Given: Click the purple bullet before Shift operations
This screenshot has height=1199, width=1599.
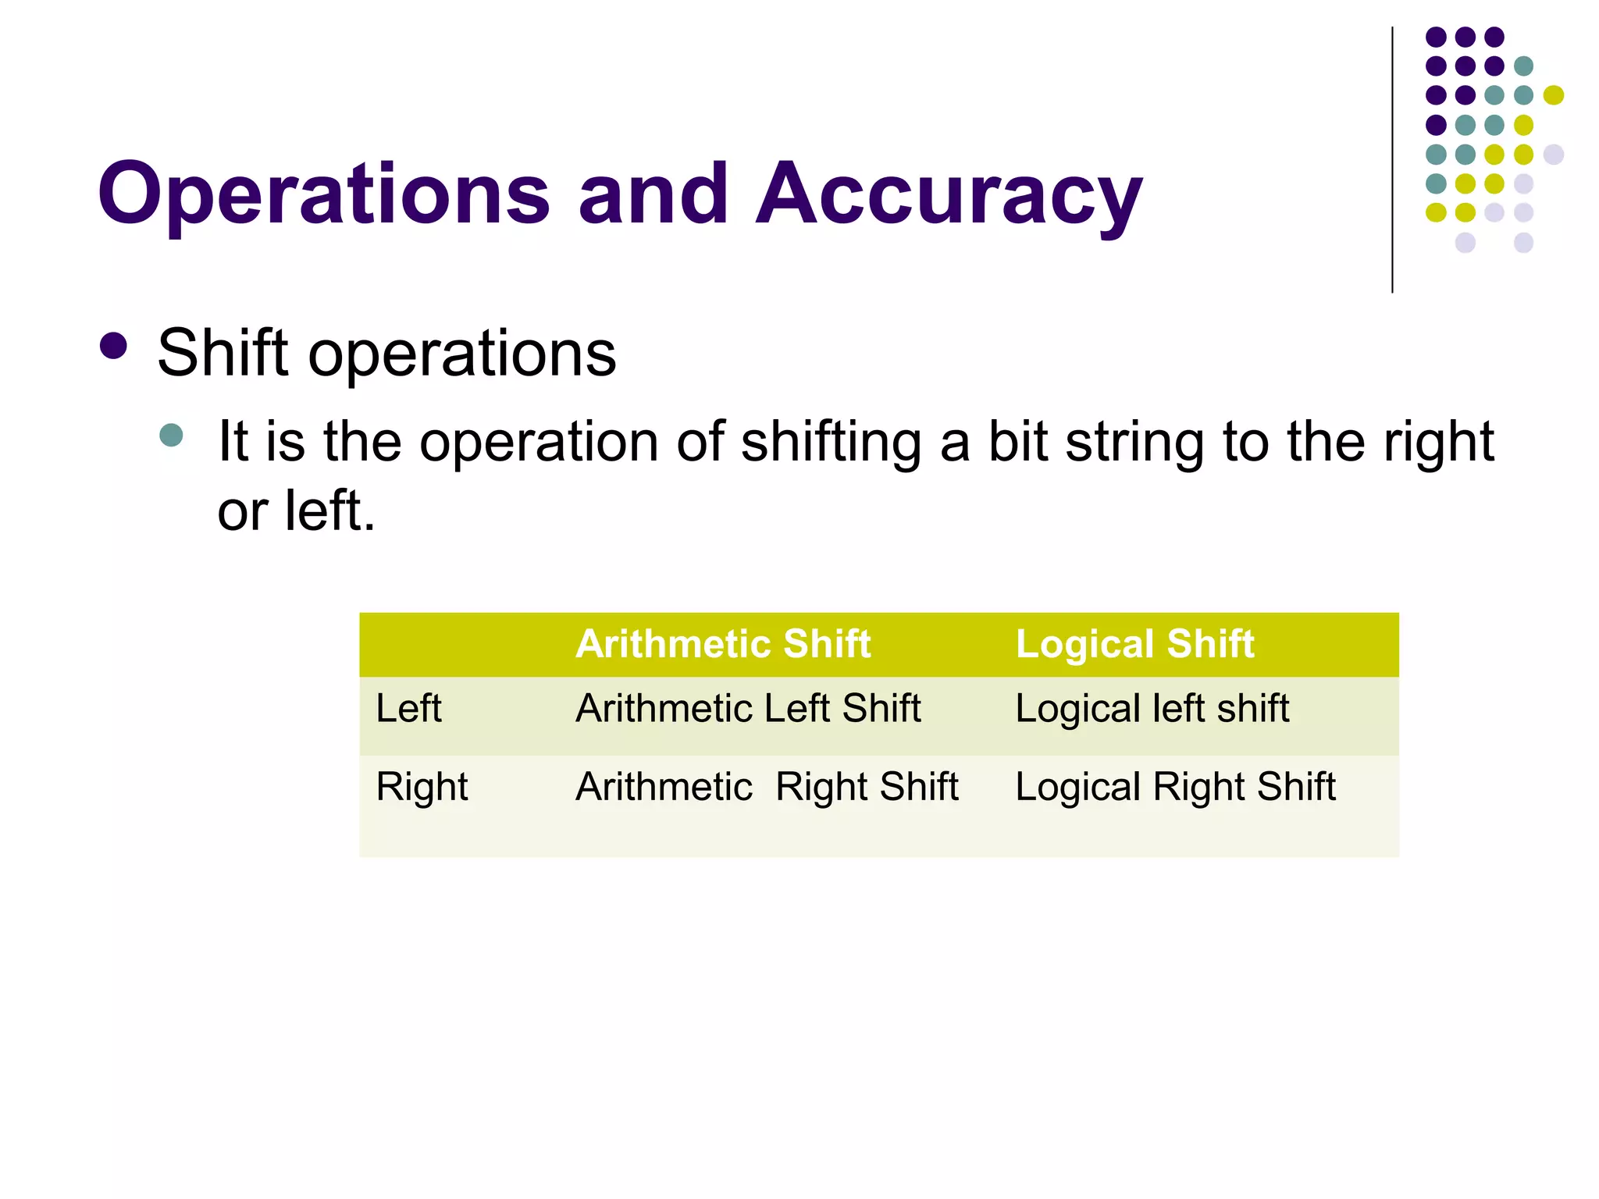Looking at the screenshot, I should pyautogui.click(x=114, y=347).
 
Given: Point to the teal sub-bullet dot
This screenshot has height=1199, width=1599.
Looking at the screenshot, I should pyautogui.click(x=171, y=435).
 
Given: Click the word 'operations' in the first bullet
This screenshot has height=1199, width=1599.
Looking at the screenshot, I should pyautogui.click(x=462, y=353).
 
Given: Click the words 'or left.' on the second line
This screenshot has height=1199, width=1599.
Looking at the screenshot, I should pyautogui.click(x=297, y=511).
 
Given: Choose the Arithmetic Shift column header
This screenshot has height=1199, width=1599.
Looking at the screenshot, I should pyautogui.click(x=723, y=644).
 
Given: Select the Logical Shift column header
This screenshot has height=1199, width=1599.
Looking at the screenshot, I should pyautogui.click(x=1134, y=644).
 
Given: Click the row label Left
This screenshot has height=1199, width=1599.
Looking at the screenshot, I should pyautogui.click(x=408, y=708).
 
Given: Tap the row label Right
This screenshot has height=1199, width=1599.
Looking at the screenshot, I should pyautogui.click(x=422, y=786).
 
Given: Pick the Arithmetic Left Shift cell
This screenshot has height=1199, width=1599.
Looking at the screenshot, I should pyautogui.click(x=748, y=708).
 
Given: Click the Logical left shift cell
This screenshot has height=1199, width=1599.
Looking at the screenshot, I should pyautogui.click(x=1152, y=708).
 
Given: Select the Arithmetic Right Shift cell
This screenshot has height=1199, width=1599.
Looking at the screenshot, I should pyautogui.click(x=767, y=786).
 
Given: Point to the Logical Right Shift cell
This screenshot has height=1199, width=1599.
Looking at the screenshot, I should pyautogui.click(x=1175, y=786).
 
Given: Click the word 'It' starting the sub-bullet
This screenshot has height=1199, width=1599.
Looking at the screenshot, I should pyautogui.click(x=233, y=442).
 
